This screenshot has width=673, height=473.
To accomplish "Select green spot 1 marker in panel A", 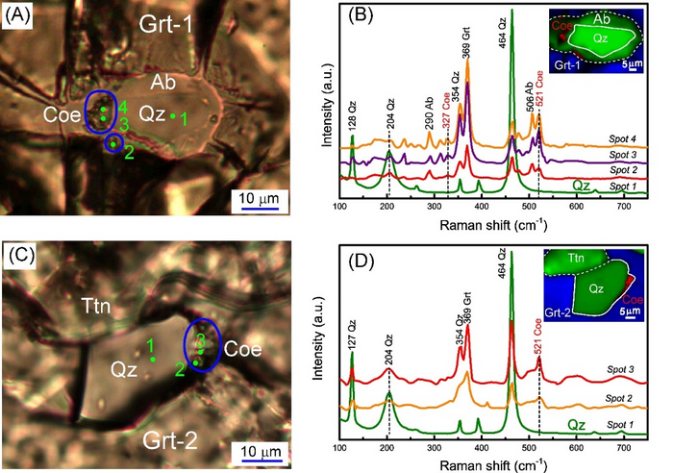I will pyautogui.click(x=173, y=116).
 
